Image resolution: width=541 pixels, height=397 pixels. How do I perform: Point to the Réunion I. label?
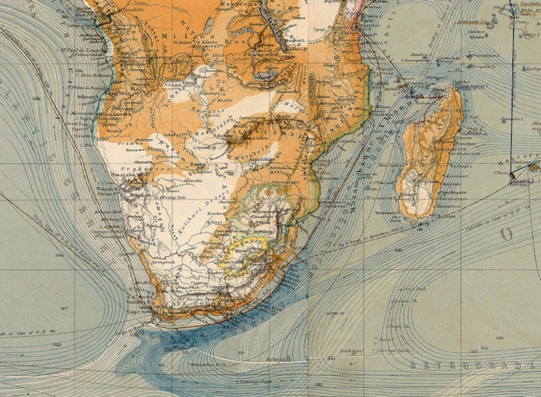click(x=522, y=180)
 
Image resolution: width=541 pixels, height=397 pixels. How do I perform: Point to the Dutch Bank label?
click(x=349, y=351)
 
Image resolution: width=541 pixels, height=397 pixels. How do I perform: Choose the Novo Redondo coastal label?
click(x=81, y=76)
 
